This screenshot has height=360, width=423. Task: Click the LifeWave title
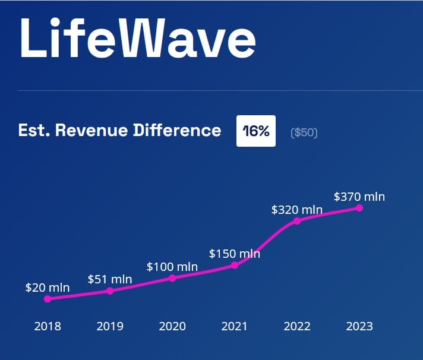(x=137, y=38)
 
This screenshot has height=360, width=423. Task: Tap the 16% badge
(x=256, y=131)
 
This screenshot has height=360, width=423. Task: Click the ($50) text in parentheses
(x=304, y=132)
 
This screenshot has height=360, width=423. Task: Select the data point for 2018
(x=48, y=299)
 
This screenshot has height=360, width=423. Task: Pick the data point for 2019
(x=110, y=290)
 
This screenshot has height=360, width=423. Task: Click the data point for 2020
(x=172, y=277)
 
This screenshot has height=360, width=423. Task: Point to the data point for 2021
(x=235, y=265)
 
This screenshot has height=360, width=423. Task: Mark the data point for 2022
(x=297, y=220)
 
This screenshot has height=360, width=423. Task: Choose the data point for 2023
(x=359, y=207)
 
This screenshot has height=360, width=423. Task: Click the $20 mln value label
(x=48, y=288)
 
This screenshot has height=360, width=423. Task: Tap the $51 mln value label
(x=110, y=279)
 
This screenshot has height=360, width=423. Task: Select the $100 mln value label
(x=172, y=267)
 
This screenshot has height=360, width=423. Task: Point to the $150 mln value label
(x=235, y=254)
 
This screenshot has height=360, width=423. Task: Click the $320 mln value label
(x=297, y=209)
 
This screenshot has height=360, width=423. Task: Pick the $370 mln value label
(x=359, y=196)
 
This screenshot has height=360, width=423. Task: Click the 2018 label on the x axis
(x=48, y=326)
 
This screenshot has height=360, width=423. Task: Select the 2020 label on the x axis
(x=172, y=326)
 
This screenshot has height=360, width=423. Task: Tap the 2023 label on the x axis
(x=359, y=326)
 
